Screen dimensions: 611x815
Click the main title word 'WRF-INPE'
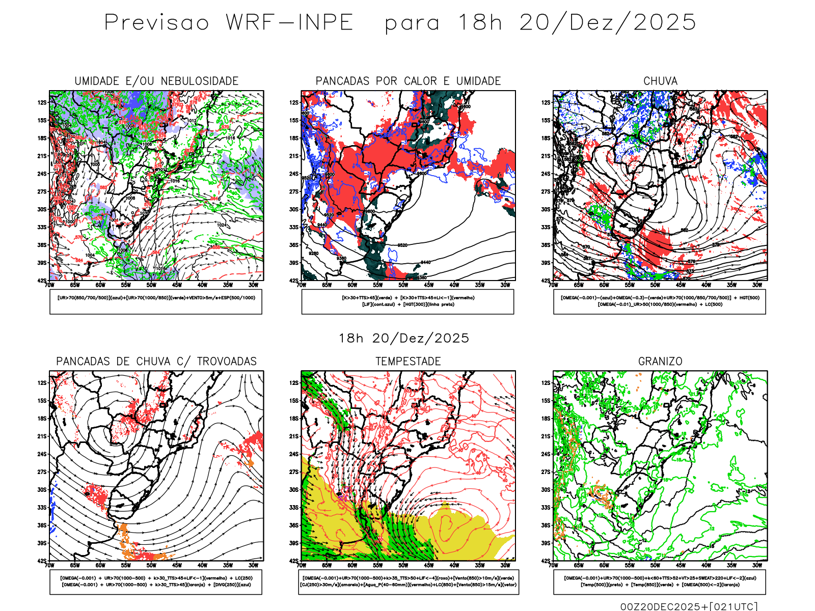coord(289,23)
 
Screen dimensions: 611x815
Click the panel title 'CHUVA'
coord(660,81)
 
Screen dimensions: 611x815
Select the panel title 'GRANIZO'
coord(660,362)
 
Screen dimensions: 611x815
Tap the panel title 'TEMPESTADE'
coord(408,362)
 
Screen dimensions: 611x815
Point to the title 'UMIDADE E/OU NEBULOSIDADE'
coord(156,81)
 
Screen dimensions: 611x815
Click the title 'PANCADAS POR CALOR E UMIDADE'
coord(408,81)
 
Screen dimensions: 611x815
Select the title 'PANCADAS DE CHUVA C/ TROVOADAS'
coord(156,362)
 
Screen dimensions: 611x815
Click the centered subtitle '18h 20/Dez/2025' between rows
coord(404,338)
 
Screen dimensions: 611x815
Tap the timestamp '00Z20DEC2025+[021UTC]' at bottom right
coord(689,606)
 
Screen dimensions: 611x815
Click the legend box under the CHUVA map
coord(660,301)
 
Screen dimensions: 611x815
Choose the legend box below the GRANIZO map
coord(660,581)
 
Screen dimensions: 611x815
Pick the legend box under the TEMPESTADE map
coord(409,581)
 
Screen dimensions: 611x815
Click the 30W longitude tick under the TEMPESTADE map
coord(505,565)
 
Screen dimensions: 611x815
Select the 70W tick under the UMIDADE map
coord(49,285)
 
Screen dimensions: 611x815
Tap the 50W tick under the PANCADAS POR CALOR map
coord(403,285)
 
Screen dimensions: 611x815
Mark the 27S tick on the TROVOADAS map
coord(42,472)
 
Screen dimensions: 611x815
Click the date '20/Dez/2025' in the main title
coord(607,23)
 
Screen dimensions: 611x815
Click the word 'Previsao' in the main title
coord(157,23)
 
